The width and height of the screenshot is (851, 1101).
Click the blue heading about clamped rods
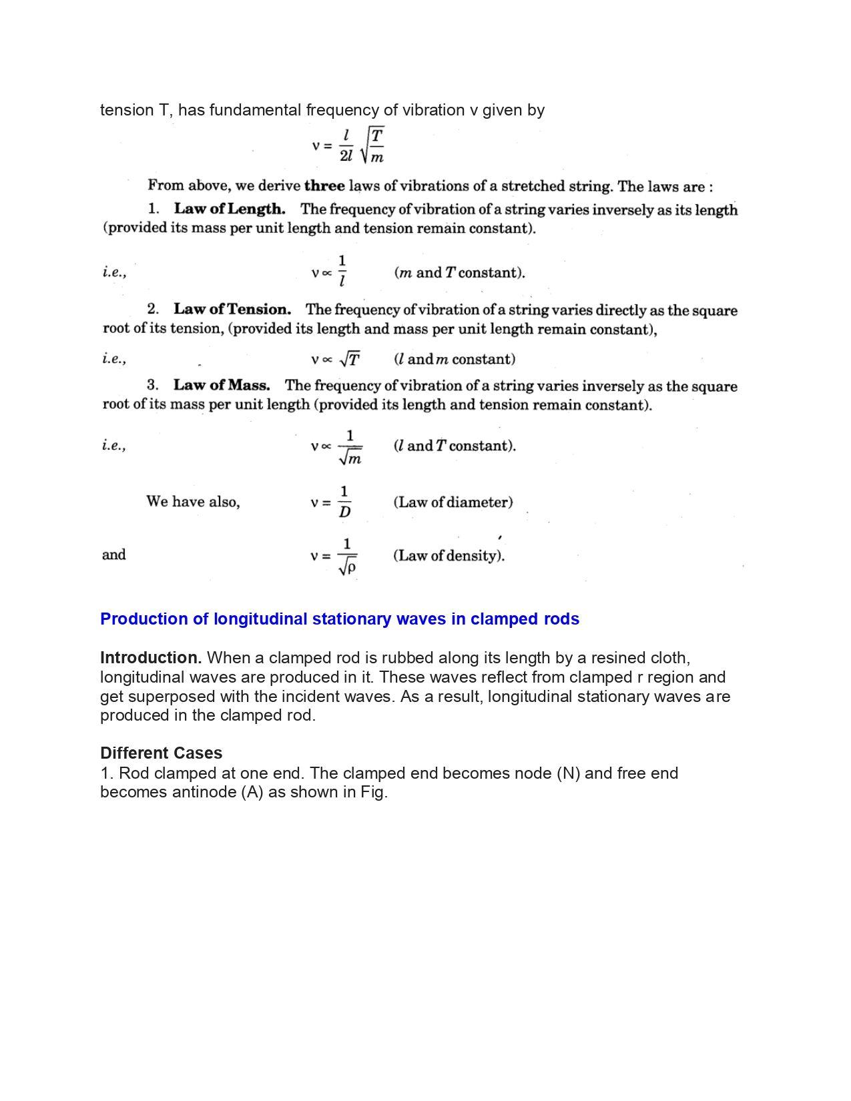tap(339, 619)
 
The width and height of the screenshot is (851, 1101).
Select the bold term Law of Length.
tap(230, 209)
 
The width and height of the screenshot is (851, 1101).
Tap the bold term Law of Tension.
tap(232, 309)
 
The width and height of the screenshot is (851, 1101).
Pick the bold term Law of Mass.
tap(222, 385)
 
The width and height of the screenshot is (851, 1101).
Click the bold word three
tap(324, 186)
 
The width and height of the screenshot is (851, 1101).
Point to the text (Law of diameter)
tap(453, 502)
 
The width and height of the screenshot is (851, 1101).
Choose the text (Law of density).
tap(449, 555)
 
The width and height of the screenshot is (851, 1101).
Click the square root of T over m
tap(372, 146)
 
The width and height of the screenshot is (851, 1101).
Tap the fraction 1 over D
tap(344, 502)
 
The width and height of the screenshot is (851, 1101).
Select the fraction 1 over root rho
tap(347, 557)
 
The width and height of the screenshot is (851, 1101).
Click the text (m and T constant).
tap(460, 272)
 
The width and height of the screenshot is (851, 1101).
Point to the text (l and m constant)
tap(455, 359)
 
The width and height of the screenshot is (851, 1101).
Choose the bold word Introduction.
tap(151, 658)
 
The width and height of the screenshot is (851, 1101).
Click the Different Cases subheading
tap(161, 753)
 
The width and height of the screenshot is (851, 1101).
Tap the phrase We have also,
tap(193, 502)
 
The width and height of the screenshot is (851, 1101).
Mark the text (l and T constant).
tap(455, 446)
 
